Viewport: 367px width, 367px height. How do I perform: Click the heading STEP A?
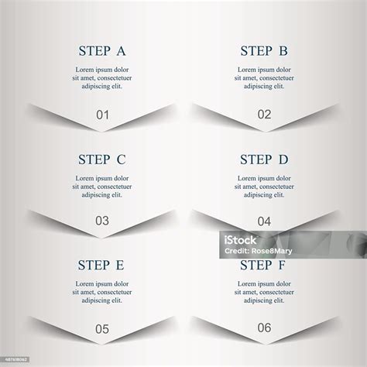[x=102, y=52]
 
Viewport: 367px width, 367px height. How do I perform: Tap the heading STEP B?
[x=264, y=52]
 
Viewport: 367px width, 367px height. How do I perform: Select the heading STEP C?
[x=102, y=160]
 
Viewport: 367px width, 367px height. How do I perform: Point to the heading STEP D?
[x=264, y=160]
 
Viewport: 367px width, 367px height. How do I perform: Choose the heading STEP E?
[x=101, y=266]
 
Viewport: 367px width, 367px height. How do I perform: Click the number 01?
[x=103, y=115]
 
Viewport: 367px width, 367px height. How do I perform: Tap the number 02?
[x=265, y=115]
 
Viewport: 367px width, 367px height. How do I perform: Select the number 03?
[x=102, y=221]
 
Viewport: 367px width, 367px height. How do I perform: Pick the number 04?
[x=265, y=221]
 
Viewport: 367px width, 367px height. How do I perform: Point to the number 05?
[x=102, y=329]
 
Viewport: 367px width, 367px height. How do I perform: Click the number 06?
[x=265, y=328]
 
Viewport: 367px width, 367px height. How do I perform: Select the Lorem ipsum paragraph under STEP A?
[x=102, y=78]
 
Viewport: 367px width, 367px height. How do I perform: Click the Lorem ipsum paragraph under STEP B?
[x=265, y=78]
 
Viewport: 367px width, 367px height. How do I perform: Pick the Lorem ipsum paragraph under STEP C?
[x=102, y=187]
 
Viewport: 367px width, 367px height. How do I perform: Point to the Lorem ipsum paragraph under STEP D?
[x=265, y=187]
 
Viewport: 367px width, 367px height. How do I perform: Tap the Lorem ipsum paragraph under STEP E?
[x=102, y=292]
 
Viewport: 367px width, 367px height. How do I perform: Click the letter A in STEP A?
[x=121, y=52]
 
